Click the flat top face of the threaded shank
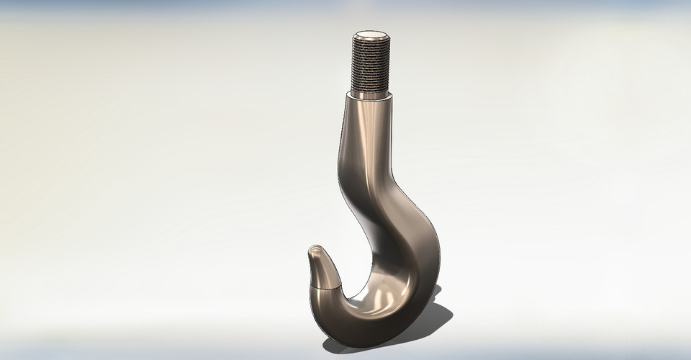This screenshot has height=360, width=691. (x=372, y=34)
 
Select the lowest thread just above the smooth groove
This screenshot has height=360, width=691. (x=371, y=86)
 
